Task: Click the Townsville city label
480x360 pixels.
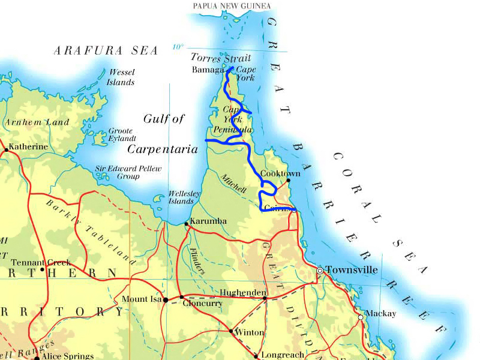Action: pyautogui.click(x=352, y=270)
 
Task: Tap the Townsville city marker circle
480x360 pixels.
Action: pyautogui.click(x=320, y=271)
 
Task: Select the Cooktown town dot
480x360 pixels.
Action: pyautogui.click(x=289, y=180)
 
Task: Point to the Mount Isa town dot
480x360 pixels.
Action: pyautogui.click(x=166, y=300)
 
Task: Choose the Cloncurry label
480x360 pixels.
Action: pyautogui.click(x=204, y=304)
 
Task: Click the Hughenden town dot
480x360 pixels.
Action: pyautogui.click(x=264, y=298)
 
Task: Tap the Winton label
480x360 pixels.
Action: pyautogui.click(x=250, y=332)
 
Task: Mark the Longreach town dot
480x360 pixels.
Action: pyautogui.click(x=257, y=356)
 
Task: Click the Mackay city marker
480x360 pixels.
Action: pyautogui.click(x=361, y=317)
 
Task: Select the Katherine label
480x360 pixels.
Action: pyautogui.click(x=28, y=146)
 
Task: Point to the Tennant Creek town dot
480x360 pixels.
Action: pyautogui.click(x=43, y=269)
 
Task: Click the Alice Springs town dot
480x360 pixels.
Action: pyautogui.click(x=37, y=358)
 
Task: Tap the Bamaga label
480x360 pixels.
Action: pyautogui.click(x=208, y=70)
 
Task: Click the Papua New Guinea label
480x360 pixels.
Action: pyautogui.click(x=232, y=6)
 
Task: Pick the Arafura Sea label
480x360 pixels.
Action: pyautogui.click(x=106, y=51)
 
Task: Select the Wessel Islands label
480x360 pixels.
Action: pyautogui.click(x=121, y=77)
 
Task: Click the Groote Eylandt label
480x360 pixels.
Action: pyautogui.click(x=122, y=135)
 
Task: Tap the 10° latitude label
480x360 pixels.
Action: pyautogui.click(x=178, y=47)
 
